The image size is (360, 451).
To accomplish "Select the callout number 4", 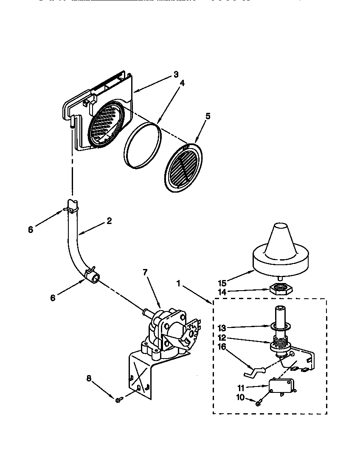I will click(x=182, y=84).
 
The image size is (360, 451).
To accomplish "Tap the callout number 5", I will click(x=208, y=116).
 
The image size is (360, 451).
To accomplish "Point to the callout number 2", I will click(x=109, y=221).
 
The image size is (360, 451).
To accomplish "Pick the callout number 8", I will click(x=88, y=378).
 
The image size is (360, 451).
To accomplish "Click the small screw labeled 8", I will click(x=119, y=398).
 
